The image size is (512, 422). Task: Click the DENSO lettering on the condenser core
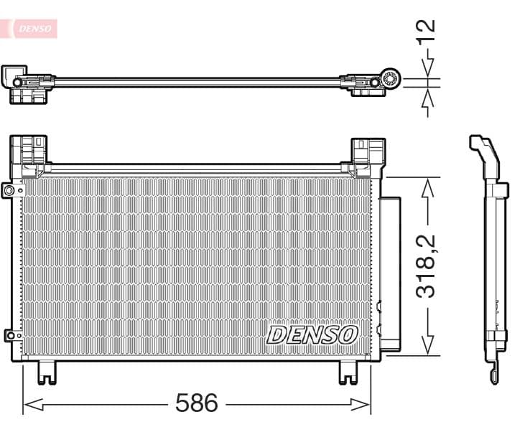tap(312, 334)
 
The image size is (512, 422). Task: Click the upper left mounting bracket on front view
tap(29, 154)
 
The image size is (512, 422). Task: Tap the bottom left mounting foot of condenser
tap(46, 372)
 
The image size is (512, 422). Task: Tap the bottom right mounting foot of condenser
tap(348, 372)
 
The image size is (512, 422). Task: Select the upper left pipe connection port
tap(9, 190)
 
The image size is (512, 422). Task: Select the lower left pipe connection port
tap(9, 334)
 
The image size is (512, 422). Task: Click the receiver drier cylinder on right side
tap(390, 273)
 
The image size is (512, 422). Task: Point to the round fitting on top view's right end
tap(391, 80)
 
